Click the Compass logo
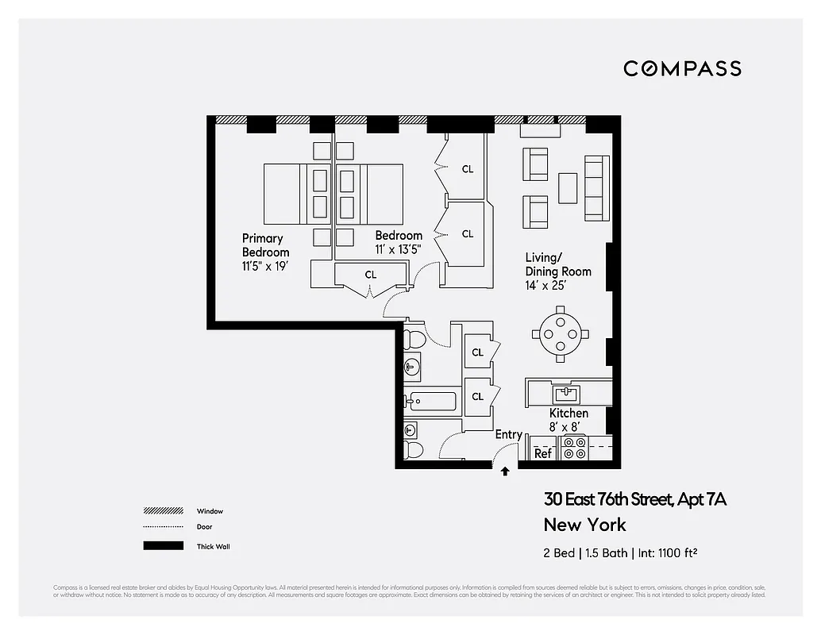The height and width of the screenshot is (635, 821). coord(682,69)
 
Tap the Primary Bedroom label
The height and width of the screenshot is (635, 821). coord(265,245)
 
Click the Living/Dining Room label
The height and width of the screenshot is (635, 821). coord(557,264)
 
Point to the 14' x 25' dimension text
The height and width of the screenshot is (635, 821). coord(545,286)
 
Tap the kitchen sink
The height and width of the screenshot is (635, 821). coord(567,393)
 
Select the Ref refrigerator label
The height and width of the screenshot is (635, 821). coord(543,453)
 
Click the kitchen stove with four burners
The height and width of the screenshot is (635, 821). coord(574,448)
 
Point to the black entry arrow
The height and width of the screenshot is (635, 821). coord(505,471)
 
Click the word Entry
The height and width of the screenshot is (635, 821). coord(508,434)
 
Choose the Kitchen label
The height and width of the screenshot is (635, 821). coord(569,414)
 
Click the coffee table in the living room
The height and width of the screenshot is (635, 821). coord(568,188)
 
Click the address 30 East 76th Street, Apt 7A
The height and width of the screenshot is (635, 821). coord(634,499)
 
